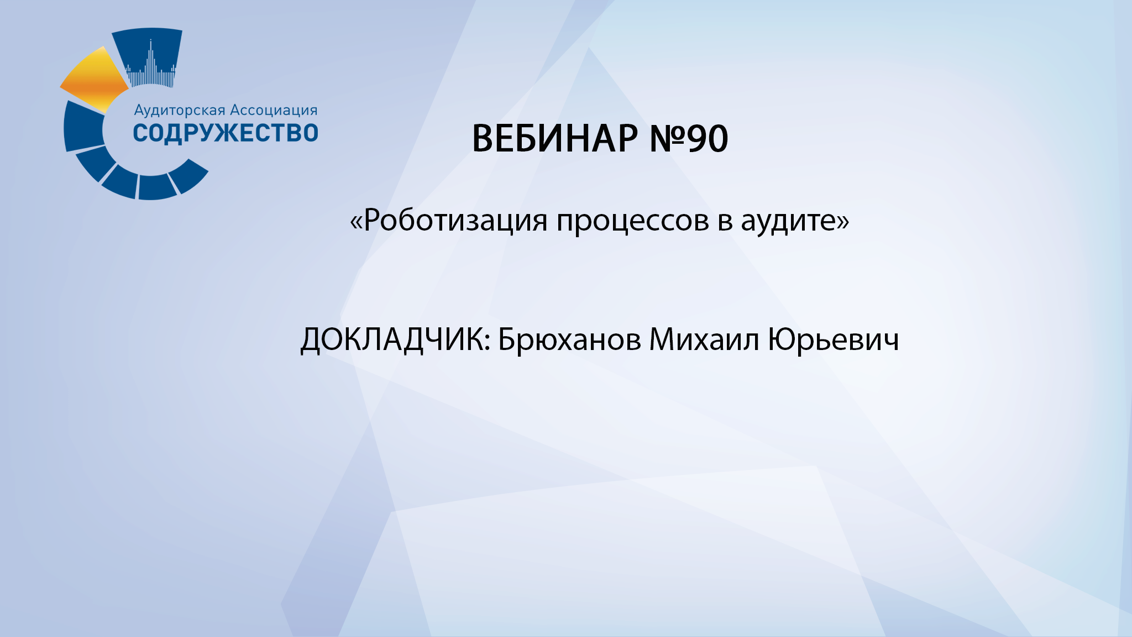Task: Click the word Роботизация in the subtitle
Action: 456,220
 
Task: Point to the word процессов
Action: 633,221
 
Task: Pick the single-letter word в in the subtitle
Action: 725,221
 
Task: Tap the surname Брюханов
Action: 569,340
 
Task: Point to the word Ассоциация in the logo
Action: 274,111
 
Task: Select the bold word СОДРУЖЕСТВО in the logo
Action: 226,133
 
